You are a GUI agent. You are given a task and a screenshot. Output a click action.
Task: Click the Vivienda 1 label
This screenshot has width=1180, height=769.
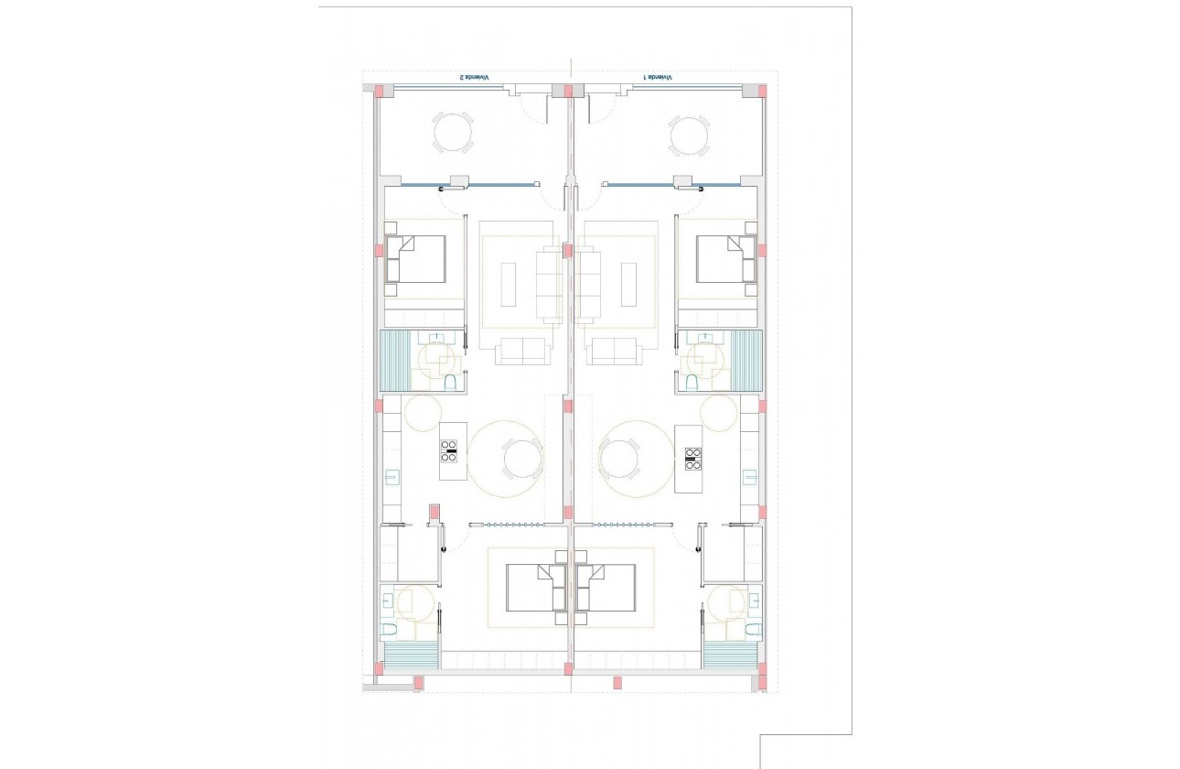pyautogui.click(x=658, y=78)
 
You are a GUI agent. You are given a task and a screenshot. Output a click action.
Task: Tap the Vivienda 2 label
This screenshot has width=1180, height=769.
pyautogui.click(x=473, y=78)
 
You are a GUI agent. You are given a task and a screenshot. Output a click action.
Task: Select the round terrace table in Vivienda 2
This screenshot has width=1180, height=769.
pyautogui.click(x=454, y=133)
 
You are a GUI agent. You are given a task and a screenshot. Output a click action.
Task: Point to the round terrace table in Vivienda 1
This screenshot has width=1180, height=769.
pyautogui.click(x=688, y=136)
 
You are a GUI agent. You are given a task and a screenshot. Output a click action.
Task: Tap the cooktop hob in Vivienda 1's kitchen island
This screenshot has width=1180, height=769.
pyautogui.click(x=693, y=457)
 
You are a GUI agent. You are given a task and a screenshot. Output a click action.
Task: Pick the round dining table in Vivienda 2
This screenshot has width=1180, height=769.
pyautogui.click(x=522, y=459)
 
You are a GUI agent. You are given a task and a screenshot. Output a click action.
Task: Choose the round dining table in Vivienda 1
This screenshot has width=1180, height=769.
pyautogui.click(x=619, y=459)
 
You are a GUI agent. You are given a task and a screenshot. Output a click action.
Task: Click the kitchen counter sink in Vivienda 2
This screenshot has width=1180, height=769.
pyautogui.click(x=392, y=476)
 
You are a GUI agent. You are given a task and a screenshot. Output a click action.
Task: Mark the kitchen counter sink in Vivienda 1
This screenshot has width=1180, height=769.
pyautogui.click(x=750, y=476)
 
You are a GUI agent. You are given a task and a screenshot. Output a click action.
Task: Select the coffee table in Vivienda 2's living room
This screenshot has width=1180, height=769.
pyautogui.click(x=510, y=285)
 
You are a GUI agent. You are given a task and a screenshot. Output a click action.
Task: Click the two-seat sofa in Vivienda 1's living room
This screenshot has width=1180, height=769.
pyautogui.click(x=614, y=351)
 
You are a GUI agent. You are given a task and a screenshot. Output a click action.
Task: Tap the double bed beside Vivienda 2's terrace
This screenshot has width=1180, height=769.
pyautogui.click(x=416, y=258)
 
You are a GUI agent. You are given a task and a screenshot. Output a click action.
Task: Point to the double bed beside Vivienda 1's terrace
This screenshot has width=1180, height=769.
pyautogui.click(x=725, y=258)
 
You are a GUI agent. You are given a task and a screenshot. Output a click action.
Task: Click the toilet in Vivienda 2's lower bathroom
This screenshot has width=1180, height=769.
pyautogui.click(x=389, y=628)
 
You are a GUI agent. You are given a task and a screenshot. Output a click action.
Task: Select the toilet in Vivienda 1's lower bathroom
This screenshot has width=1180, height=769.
pyautogui.click(x=753, y=628)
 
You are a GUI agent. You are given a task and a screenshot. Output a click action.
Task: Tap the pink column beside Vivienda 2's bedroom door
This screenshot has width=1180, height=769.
pyautogui.click(x=435, y=511)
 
